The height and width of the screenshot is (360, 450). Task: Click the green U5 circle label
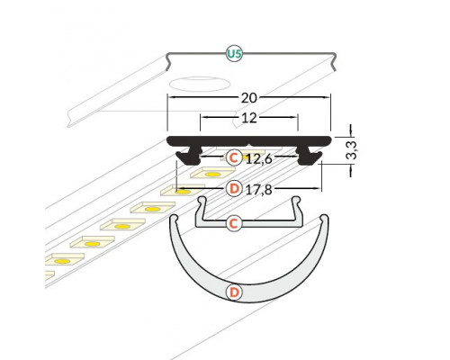pyautogui.click(x=234, y=55)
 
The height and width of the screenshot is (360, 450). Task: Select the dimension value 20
pyautogui.click(x=247, y=96)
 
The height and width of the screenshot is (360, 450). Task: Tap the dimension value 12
pyautogui.click(x=248, y=116)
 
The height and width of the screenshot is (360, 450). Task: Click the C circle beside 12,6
pyautogui.click(x=233, y=157)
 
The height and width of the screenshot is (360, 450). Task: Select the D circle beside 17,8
pyautogui.click(x=233, y=188)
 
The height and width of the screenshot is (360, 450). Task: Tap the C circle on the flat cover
pyautogui.click(x=233, y=221)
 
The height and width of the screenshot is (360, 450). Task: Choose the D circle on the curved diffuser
pyautogui.click(x=233, y=292)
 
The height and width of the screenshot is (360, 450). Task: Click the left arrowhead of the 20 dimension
pyautogui.click(x=170, y=96)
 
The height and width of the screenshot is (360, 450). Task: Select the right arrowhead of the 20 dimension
pyautogui.click(x=329, y=96)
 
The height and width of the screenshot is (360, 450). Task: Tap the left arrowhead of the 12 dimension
pyautogui.click(x=202, y=116)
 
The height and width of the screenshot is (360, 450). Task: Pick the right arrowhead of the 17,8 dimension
pyautogui.click(x=319, y=188)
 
